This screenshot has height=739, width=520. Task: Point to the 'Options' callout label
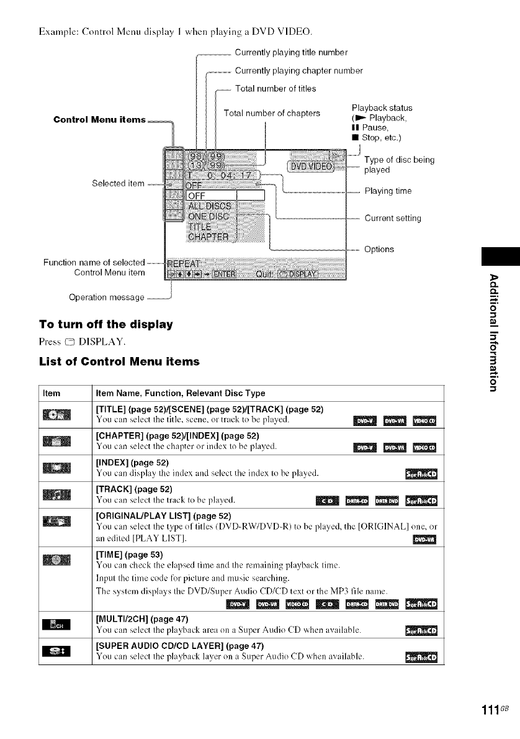coord(379,249)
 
